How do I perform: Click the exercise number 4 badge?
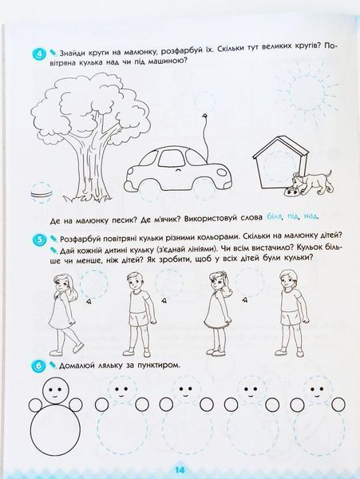pyautogui.click(x=38, y=55)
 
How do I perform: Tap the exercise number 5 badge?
pyautogui.click(x=38, y=240)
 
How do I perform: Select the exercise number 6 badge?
pyautogui.click(x=38, y=366)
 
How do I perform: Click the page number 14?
pyautogui.click(x=180, y=469)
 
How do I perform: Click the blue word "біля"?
pyautogui.click(x=275, y=217)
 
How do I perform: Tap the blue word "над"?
pyautogui.click(x=311, y=216)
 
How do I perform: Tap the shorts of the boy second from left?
pyautogui.click(x=139, y=320)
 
